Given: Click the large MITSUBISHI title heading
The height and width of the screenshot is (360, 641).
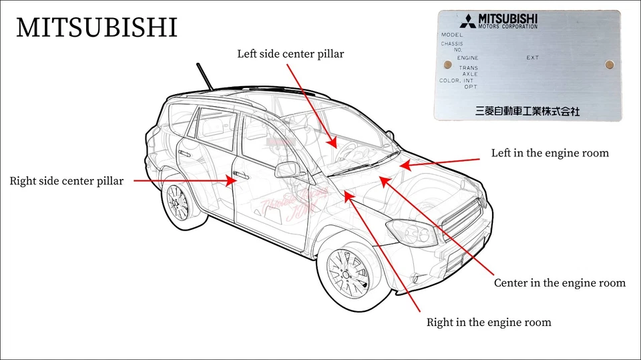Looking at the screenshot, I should coord(97,28).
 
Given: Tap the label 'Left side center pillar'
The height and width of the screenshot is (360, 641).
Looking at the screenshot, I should coord(290,53).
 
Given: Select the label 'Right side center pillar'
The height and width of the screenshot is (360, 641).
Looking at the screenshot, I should coord(66,180).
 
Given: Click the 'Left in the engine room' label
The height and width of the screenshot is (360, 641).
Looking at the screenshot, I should coord(550,153).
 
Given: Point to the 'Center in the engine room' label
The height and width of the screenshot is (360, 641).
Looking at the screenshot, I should coord(560,283).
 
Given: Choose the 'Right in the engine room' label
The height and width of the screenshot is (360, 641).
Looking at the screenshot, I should coord(489,323).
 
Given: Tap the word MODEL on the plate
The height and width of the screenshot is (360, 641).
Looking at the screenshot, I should coord(452,35).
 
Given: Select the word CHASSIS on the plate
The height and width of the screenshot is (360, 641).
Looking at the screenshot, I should coord(452,44).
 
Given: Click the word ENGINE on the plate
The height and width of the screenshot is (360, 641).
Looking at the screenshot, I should coord(467,58).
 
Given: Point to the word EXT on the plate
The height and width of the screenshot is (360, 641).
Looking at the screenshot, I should coord(532,58).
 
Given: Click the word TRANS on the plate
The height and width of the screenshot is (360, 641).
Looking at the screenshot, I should coord(468,68).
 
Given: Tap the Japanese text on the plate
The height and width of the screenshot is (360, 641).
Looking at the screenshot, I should coord(527,112).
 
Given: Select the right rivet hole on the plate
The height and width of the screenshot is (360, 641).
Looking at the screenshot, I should coord(609,65).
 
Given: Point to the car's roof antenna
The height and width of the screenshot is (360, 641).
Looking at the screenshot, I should coord(205,76).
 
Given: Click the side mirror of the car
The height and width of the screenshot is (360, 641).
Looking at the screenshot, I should coord(288,170).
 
